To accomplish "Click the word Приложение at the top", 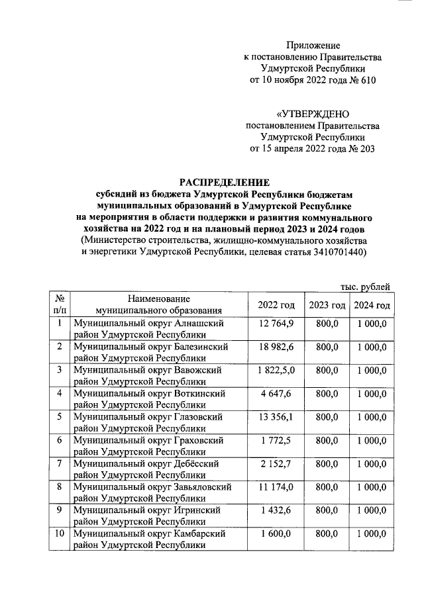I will click(x=313, y=46).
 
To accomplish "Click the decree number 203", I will click(x=366, y=149).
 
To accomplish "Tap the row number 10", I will click(x=59, y=533).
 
